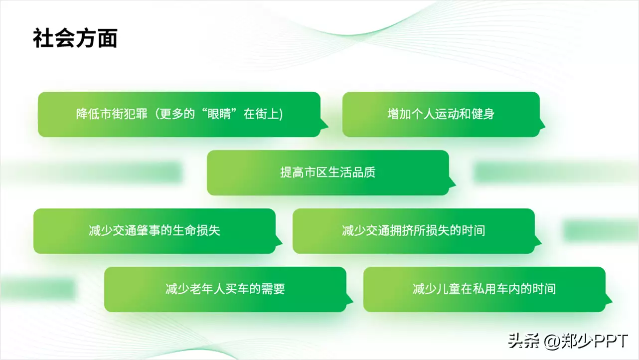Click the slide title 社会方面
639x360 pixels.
(x=75, y=38)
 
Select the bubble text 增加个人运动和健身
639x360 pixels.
(x=441, y=114)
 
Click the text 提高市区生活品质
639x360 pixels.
(x=328, y=173)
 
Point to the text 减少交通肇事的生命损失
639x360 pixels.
(x=155, y=230)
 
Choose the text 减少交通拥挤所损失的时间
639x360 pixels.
(x=413, y=230)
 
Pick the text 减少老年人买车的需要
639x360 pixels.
(x=225, y=289)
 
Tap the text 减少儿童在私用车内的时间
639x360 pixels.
(x=484, y=289)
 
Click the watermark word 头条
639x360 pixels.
(x=523, y=341)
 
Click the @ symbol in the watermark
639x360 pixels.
(x=552, y=342)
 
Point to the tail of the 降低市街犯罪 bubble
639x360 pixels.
(x=324, y=124)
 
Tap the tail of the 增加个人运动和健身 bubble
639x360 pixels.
(x=541, y=124)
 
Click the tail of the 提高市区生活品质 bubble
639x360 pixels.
(x=452, y=182)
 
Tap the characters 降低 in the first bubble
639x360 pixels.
(x=88, y=114)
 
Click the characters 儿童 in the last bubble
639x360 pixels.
(x=448, y=289)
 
